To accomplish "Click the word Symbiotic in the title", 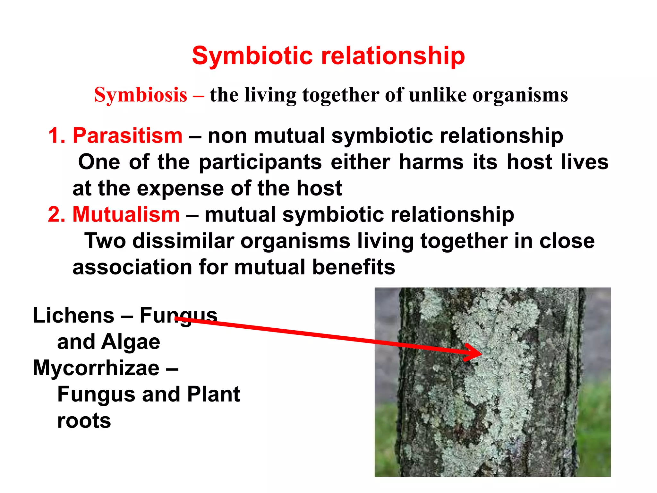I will click(252, 56).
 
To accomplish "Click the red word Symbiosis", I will click(141, 95).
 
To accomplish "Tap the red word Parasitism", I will click(128, 135).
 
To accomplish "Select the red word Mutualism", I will click(126, 214).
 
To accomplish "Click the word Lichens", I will click(73, 316).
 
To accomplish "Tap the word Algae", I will click(131, 342).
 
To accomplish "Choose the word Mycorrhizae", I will click(96, 368).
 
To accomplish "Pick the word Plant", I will click(213, 394).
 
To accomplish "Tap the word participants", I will click(260, 162).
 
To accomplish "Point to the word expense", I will click(180, 189).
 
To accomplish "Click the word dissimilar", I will click(183, 241).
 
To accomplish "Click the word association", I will click(132, 267).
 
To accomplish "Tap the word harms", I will click(431, 162).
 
